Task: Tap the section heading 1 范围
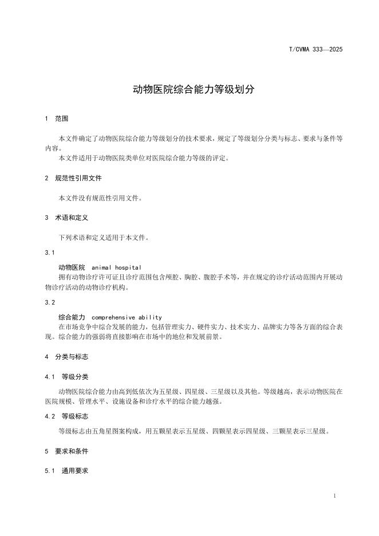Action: (56, 119)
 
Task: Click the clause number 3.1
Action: (49, 252)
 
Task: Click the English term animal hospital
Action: (116, 267)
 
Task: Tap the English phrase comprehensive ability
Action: (127, 317)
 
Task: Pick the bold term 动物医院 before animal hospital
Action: (72, 267)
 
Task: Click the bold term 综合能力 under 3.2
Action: (72, 317)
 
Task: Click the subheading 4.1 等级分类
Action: (66, 377)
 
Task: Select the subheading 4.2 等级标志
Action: (66, 416)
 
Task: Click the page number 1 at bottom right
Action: (334, 495)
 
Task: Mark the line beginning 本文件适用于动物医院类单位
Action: (144, 158)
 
